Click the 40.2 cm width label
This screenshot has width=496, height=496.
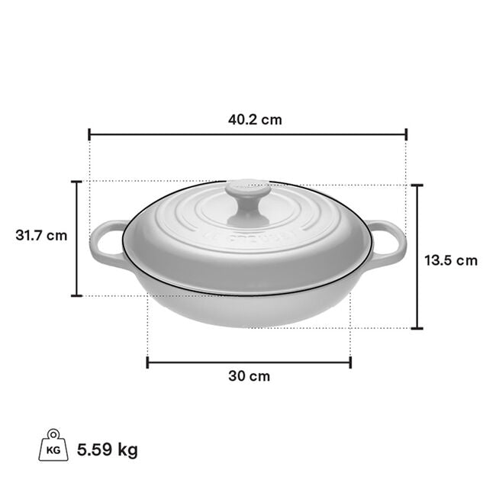point(250,120)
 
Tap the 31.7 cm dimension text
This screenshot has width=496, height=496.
point(41,235)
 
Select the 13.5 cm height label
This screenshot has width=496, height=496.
point(451,260)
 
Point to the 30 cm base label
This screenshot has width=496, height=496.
point(249,376)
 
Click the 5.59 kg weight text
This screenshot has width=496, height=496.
point(108,449)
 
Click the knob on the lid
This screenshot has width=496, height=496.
point(247,200)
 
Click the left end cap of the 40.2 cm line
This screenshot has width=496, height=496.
point(89,134)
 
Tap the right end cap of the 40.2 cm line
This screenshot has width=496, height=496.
point(407,134)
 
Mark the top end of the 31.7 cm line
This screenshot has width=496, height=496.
point(76,182)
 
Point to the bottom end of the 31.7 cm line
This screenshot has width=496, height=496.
point(76,295)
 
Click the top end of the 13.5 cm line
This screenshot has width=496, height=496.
point(417,185)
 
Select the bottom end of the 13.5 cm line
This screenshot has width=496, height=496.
point(417,329)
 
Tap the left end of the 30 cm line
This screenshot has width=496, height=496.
point(147,362)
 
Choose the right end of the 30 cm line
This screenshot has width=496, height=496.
point(350,362)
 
